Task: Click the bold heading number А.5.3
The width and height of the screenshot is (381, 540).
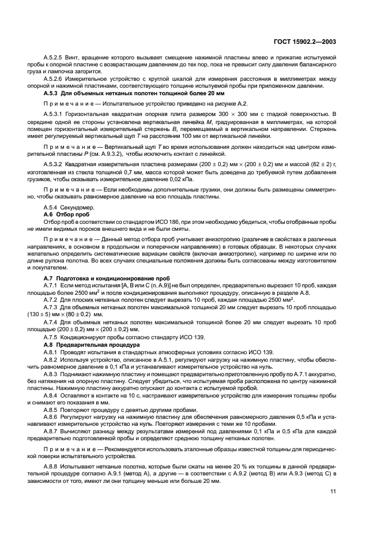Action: pos(52,93)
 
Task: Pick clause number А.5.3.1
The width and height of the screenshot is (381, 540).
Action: pos(55,115)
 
